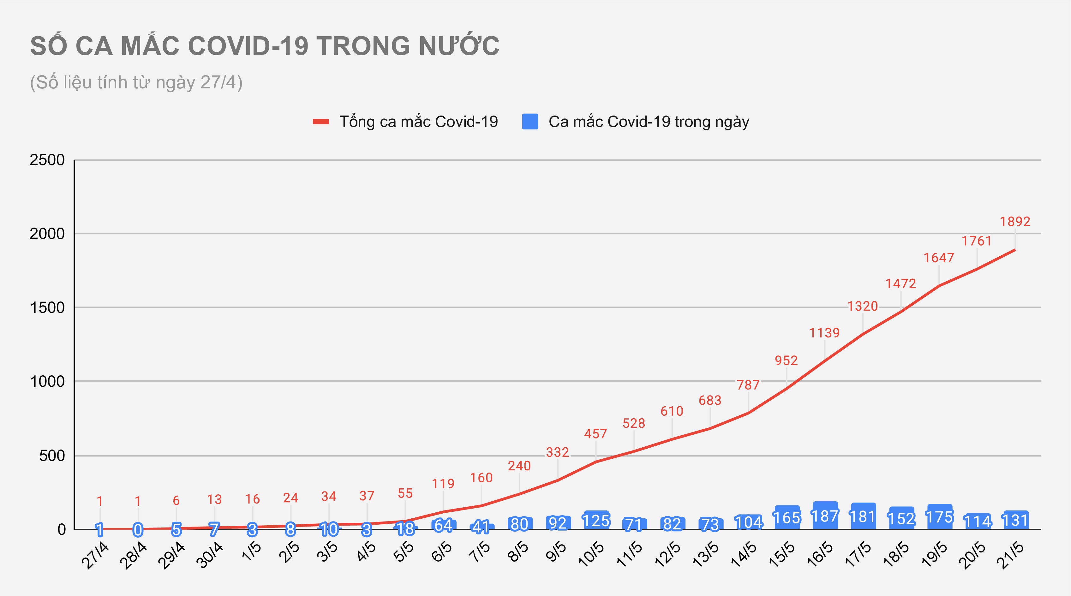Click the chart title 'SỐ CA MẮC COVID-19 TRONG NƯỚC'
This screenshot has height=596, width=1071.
tap(264, 46)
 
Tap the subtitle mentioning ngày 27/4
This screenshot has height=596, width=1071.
tap(136, 82)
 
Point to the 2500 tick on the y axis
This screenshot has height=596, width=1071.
tap(47, 160)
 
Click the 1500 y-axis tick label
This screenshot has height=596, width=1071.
tap(47, 307)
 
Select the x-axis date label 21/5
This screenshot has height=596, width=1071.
tap(1011, 555)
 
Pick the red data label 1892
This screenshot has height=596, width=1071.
tap(1015, 222)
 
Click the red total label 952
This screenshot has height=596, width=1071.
tap(786, 360)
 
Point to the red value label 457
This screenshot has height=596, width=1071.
tap(595, 434)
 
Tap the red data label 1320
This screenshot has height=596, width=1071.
tap(862, 306)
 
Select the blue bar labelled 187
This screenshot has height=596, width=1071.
tap(825, 516)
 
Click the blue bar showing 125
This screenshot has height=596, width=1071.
tap(596, 520)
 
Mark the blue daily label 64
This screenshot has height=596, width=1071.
tap(443, 525)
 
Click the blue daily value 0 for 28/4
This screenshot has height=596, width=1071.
tap(138, 529)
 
